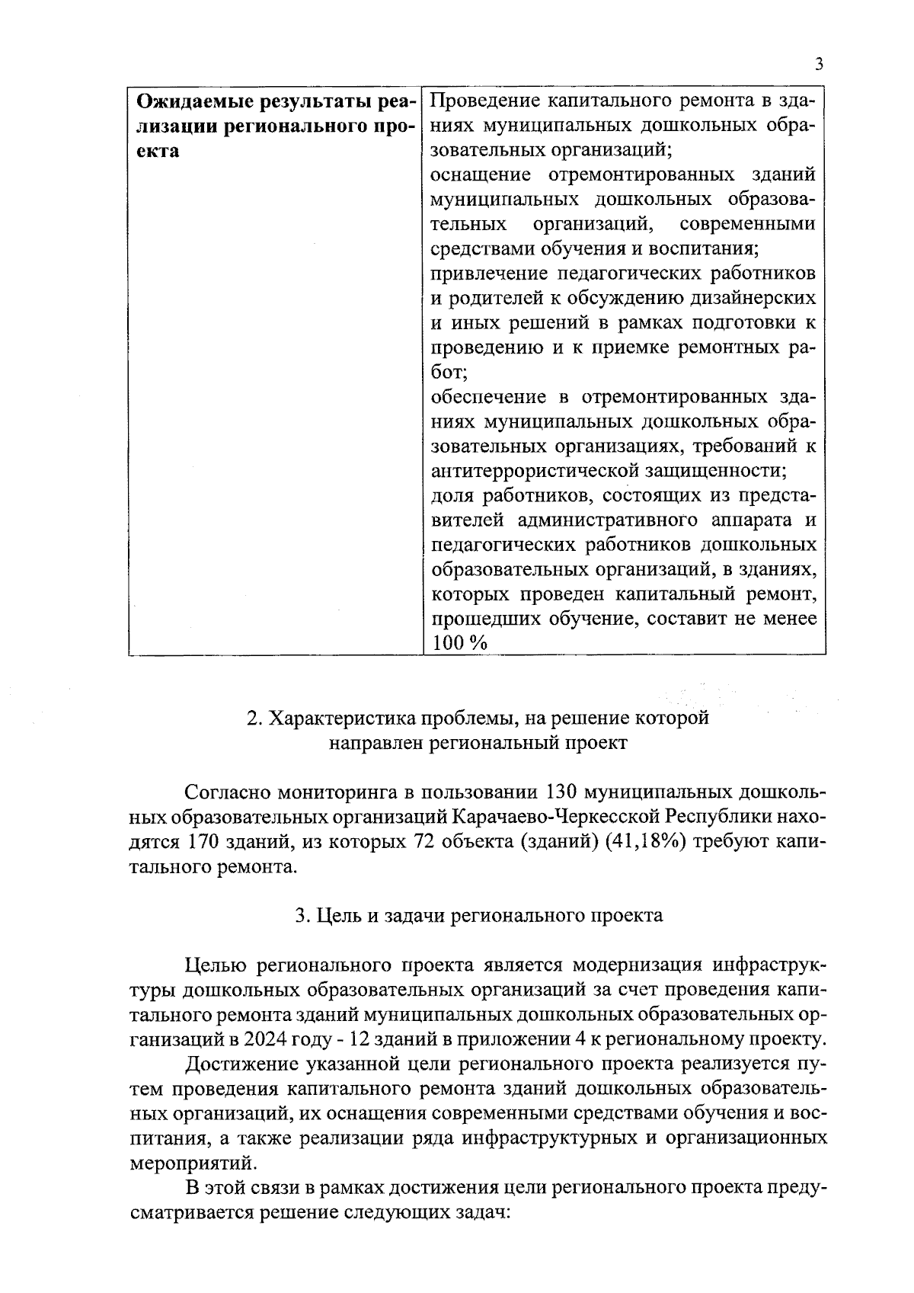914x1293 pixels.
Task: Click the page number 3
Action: click(819, 64)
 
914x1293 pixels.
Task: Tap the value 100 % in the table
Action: click(459, 644)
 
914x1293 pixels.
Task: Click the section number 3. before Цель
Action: click(301, 916)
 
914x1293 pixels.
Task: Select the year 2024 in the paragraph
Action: click(260, 1040)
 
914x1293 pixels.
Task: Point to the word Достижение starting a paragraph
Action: click(238, 1064)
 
